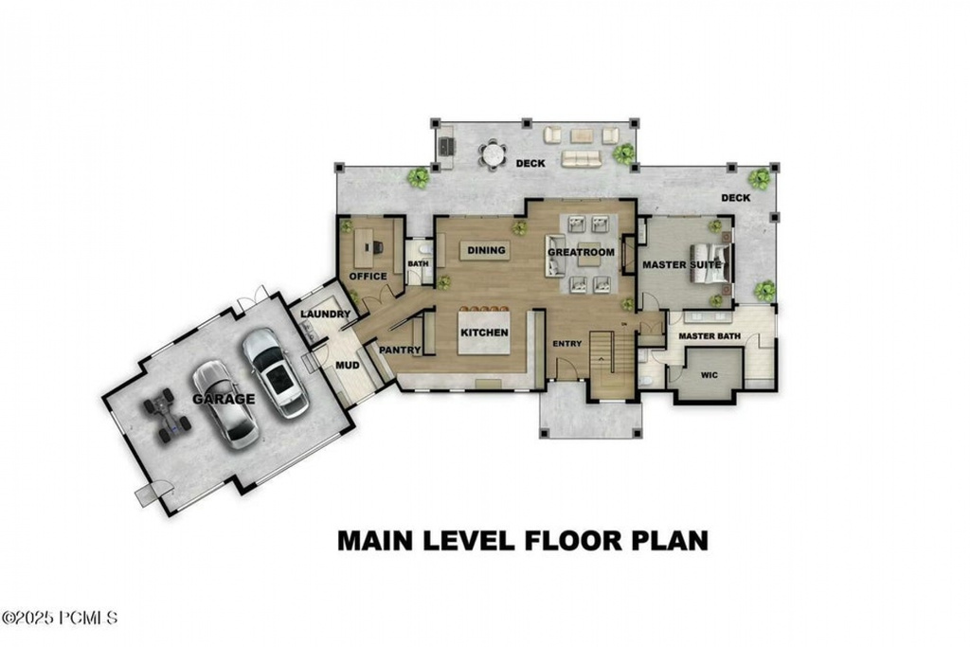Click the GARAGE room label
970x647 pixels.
[225, 399]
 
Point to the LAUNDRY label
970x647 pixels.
[326, 314]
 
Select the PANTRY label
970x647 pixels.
[400, 350]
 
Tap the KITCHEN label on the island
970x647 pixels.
[485, 333]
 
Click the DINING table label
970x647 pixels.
[485, 251]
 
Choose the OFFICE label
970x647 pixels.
[368, 277]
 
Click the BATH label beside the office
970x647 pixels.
[418, 264]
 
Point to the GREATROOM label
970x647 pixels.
[582, 253]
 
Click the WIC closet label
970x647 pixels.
[710, 375]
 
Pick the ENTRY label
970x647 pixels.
[568, 343]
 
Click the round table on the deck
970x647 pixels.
[493, 153]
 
